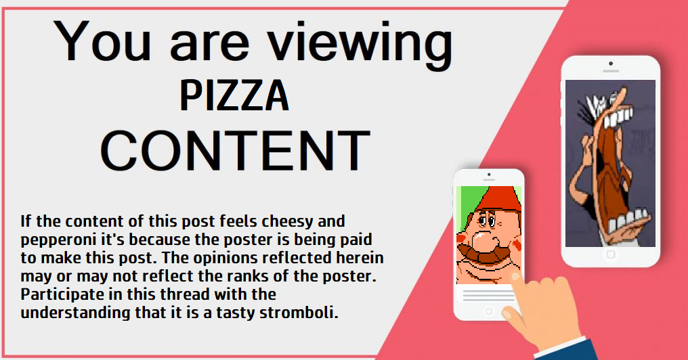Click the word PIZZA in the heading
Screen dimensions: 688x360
tap(235, 95)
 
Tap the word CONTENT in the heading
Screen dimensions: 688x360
tap(236, 150)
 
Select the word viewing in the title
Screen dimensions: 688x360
tap(360, 44)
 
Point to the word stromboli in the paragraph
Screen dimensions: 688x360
tap(299, 313)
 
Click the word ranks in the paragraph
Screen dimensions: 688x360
tap(274, 276)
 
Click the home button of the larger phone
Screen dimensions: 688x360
tap(610, 254)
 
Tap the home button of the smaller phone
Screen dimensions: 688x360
tap(489, 311)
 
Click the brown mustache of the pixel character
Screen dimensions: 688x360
tap(481, 255)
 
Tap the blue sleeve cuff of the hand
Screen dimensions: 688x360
tap(566, 348)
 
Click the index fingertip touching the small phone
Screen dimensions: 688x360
tap(515, 277)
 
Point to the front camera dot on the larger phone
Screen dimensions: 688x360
tap(611, 64)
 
